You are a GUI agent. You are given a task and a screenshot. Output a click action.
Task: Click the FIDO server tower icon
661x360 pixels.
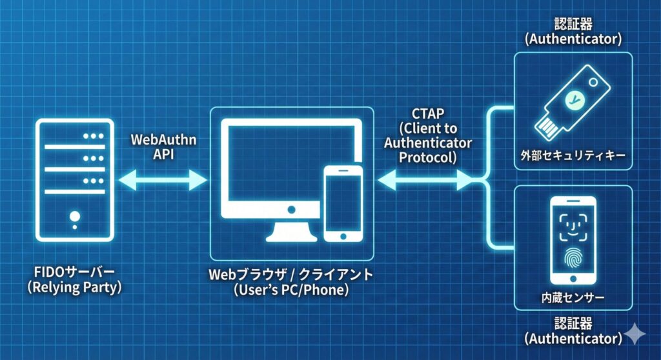point(75,180)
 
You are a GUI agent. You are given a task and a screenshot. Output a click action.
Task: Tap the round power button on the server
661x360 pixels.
point(75,215)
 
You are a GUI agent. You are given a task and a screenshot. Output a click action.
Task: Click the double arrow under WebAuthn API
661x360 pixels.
point(163,179)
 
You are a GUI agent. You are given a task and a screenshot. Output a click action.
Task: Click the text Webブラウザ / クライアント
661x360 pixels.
point(290,274)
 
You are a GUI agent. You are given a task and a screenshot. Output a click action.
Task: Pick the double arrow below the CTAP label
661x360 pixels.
point(427,179)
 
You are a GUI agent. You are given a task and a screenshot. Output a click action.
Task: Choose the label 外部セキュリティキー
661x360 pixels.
point(573,156)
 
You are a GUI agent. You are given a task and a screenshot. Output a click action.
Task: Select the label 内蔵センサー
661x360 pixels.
point(572,299)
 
